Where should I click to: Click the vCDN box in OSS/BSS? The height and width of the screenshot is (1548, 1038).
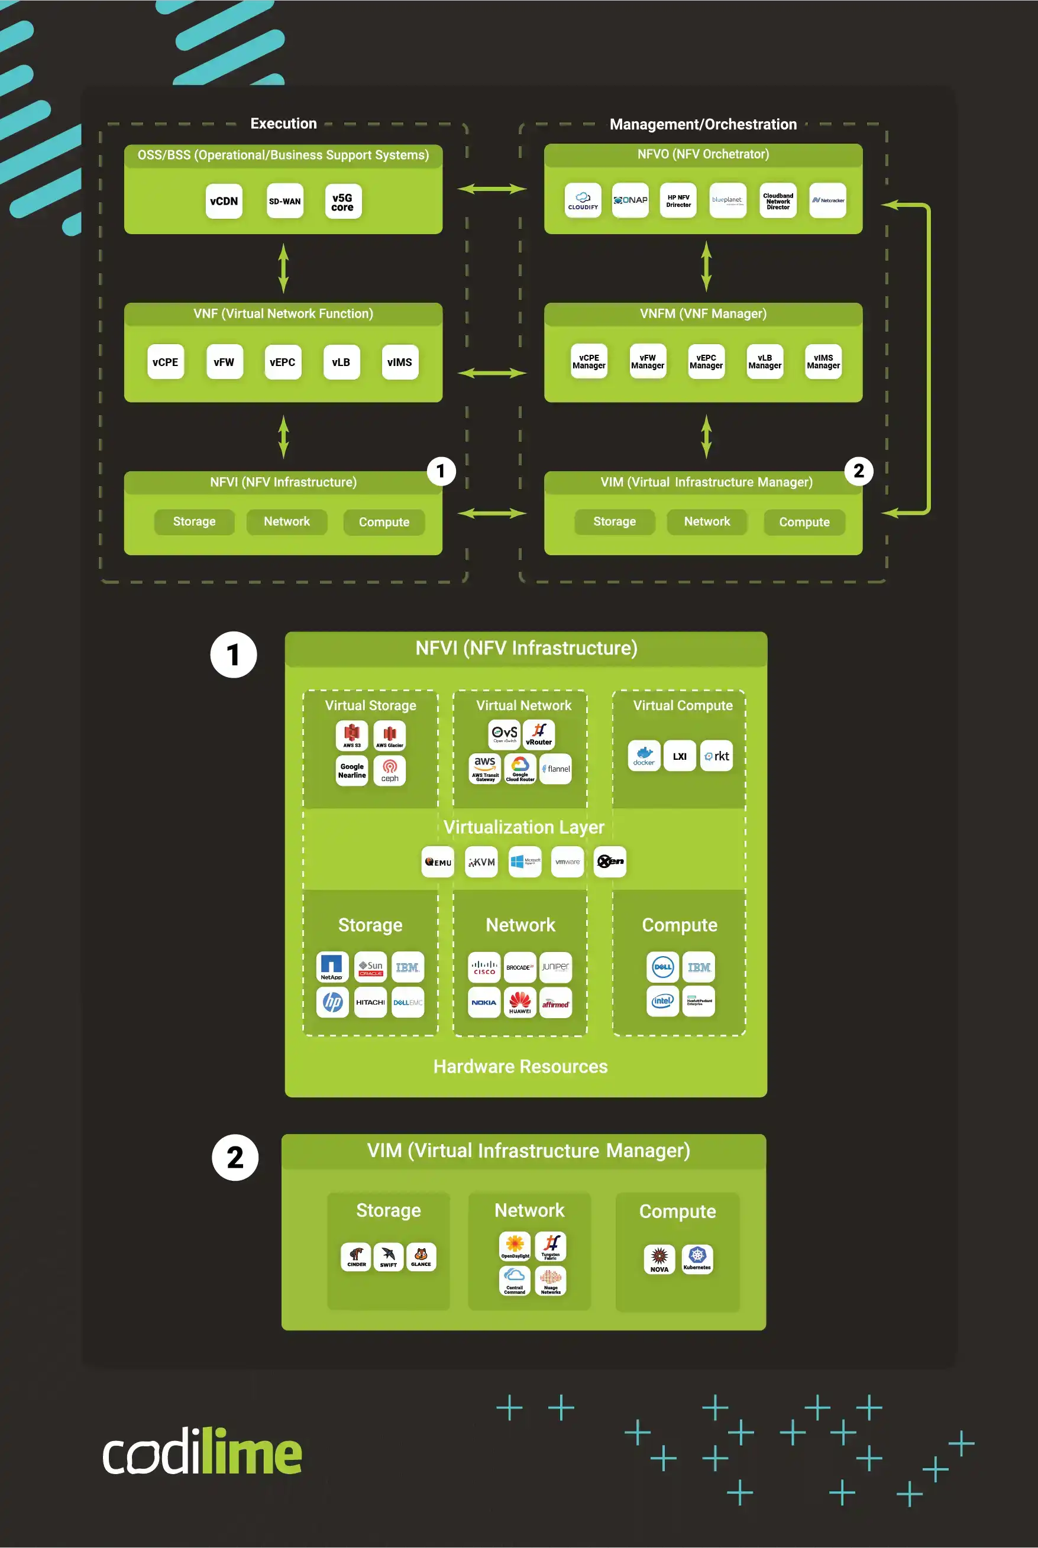coord(224,201)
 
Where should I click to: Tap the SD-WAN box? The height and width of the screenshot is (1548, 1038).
coord(284,201)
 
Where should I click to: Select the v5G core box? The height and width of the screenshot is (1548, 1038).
coord(342,201)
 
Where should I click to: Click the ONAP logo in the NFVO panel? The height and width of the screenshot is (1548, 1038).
coord(630,200)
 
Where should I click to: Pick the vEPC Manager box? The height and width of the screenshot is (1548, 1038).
coord(706,361)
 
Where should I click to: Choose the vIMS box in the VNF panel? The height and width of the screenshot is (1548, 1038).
coord(400,362)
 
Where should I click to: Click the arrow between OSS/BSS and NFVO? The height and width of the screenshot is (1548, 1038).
coord(492,189)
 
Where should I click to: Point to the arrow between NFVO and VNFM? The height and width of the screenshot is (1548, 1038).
coord(706,266)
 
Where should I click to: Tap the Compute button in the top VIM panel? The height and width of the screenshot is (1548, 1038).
coord(804,522)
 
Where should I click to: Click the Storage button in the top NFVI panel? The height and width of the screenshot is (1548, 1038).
coord(194,522)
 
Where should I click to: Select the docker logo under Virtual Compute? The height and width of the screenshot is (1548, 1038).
coord(644,756)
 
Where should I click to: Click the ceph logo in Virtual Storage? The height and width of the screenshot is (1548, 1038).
coord(390,770)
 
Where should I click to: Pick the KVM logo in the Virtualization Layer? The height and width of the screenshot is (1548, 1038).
coord(481,862)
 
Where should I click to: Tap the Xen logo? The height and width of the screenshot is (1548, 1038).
coord(610,862)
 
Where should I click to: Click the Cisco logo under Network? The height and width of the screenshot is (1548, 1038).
coord(484,967)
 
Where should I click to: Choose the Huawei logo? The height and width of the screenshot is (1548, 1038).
coord(520,1002)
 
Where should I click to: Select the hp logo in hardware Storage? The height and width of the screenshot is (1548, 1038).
coord(332,1002)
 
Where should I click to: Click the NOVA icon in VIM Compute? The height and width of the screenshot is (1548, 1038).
coord(659,1258)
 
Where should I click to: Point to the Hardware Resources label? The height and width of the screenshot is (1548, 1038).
coord(520,1066)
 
